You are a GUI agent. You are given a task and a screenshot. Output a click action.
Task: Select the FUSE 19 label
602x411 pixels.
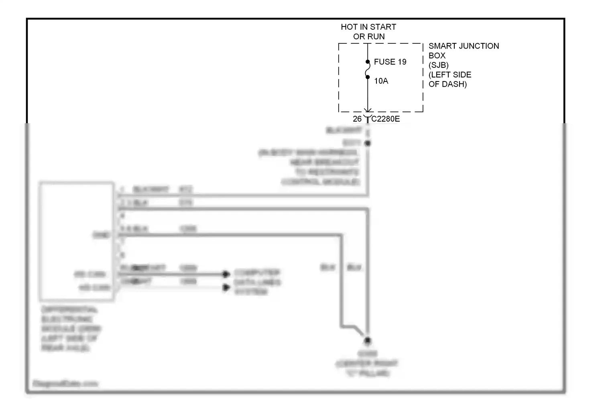390,62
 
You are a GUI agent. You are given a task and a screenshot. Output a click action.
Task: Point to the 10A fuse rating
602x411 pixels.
381,81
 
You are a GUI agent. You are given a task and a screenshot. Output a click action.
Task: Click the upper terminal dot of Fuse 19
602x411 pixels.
368,62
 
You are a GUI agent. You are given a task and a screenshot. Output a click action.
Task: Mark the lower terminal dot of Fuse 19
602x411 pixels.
368,77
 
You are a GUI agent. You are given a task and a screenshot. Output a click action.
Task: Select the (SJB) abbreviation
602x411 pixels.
439,65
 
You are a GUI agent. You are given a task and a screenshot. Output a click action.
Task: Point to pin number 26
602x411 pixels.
357,119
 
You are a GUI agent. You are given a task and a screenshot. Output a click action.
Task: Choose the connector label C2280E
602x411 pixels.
386,119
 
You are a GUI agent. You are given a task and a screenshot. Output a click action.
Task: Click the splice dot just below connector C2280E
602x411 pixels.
368,143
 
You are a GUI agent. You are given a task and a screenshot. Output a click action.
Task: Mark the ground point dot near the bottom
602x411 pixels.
367,340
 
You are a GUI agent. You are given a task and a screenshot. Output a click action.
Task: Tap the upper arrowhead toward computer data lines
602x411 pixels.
226,274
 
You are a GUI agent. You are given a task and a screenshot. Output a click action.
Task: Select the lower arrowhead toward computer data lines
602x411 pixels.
226,287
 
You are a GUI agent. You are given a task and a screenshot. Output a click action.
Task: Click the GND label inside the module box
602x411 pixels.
102,235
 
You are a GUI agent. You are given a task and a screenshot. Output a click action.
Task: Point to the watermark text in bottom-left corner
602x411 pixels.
65,384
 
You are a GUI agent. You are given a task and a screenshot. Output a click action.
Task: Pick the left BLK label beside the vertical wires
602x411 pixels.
328,267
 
